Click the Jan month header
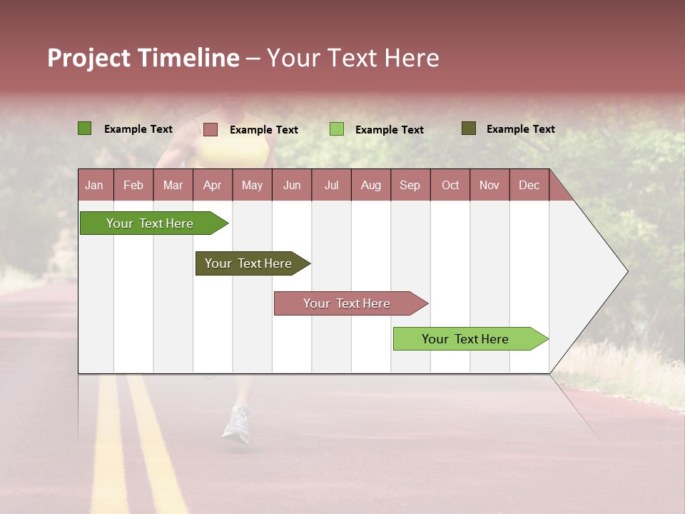click(x=94, y=185)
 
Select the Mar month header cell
click(x=173, y=185)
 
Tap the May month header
click(x=252, y=185)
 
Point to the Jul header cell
click(x=331, y=185)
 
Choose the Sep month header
click(x=410, y=185)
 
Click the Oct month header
click(x=450, y=185)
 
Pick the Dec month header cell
click(x=529, y=185)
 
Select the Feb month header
click(x=133, y=185)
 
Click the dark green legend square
click(x=84, y=128)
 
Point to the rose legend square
click(x=210, y=129)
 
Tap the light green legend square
click(x=336, y=129)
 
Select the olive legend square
click(x=468, y=128)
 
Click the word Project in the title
click(x=88, y=58)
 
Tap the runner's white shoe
click(x=236, y=423)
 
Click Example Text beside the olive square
click(x=520, y=129)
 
